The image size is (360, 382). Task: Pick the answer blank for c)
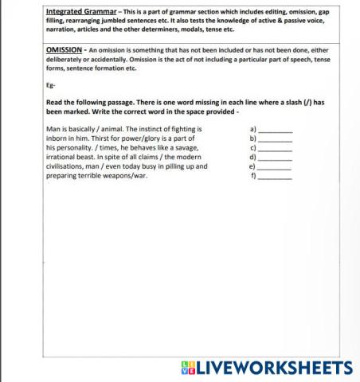[276, 148]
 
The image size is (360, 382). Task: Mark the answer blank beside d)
[276, 158]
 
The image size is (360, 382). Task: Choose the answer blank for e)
[276, 167]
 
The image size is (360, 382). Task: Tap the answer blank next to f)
[276, 177]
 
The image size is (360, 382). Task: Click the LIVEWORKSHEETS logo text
[275, 367]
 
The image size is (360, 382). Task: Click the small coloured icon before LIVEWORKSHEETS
[189, 367]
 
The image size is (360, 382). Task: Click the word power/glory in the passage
[136, 138]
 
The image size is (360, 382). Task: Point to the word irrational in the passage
[64, 158]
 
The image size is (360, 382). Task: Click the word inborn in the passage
[57, 138]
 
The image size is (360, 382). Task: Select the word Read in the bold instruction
[55, 103]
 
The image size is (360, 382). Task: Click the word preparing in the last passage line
[65, 177]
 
